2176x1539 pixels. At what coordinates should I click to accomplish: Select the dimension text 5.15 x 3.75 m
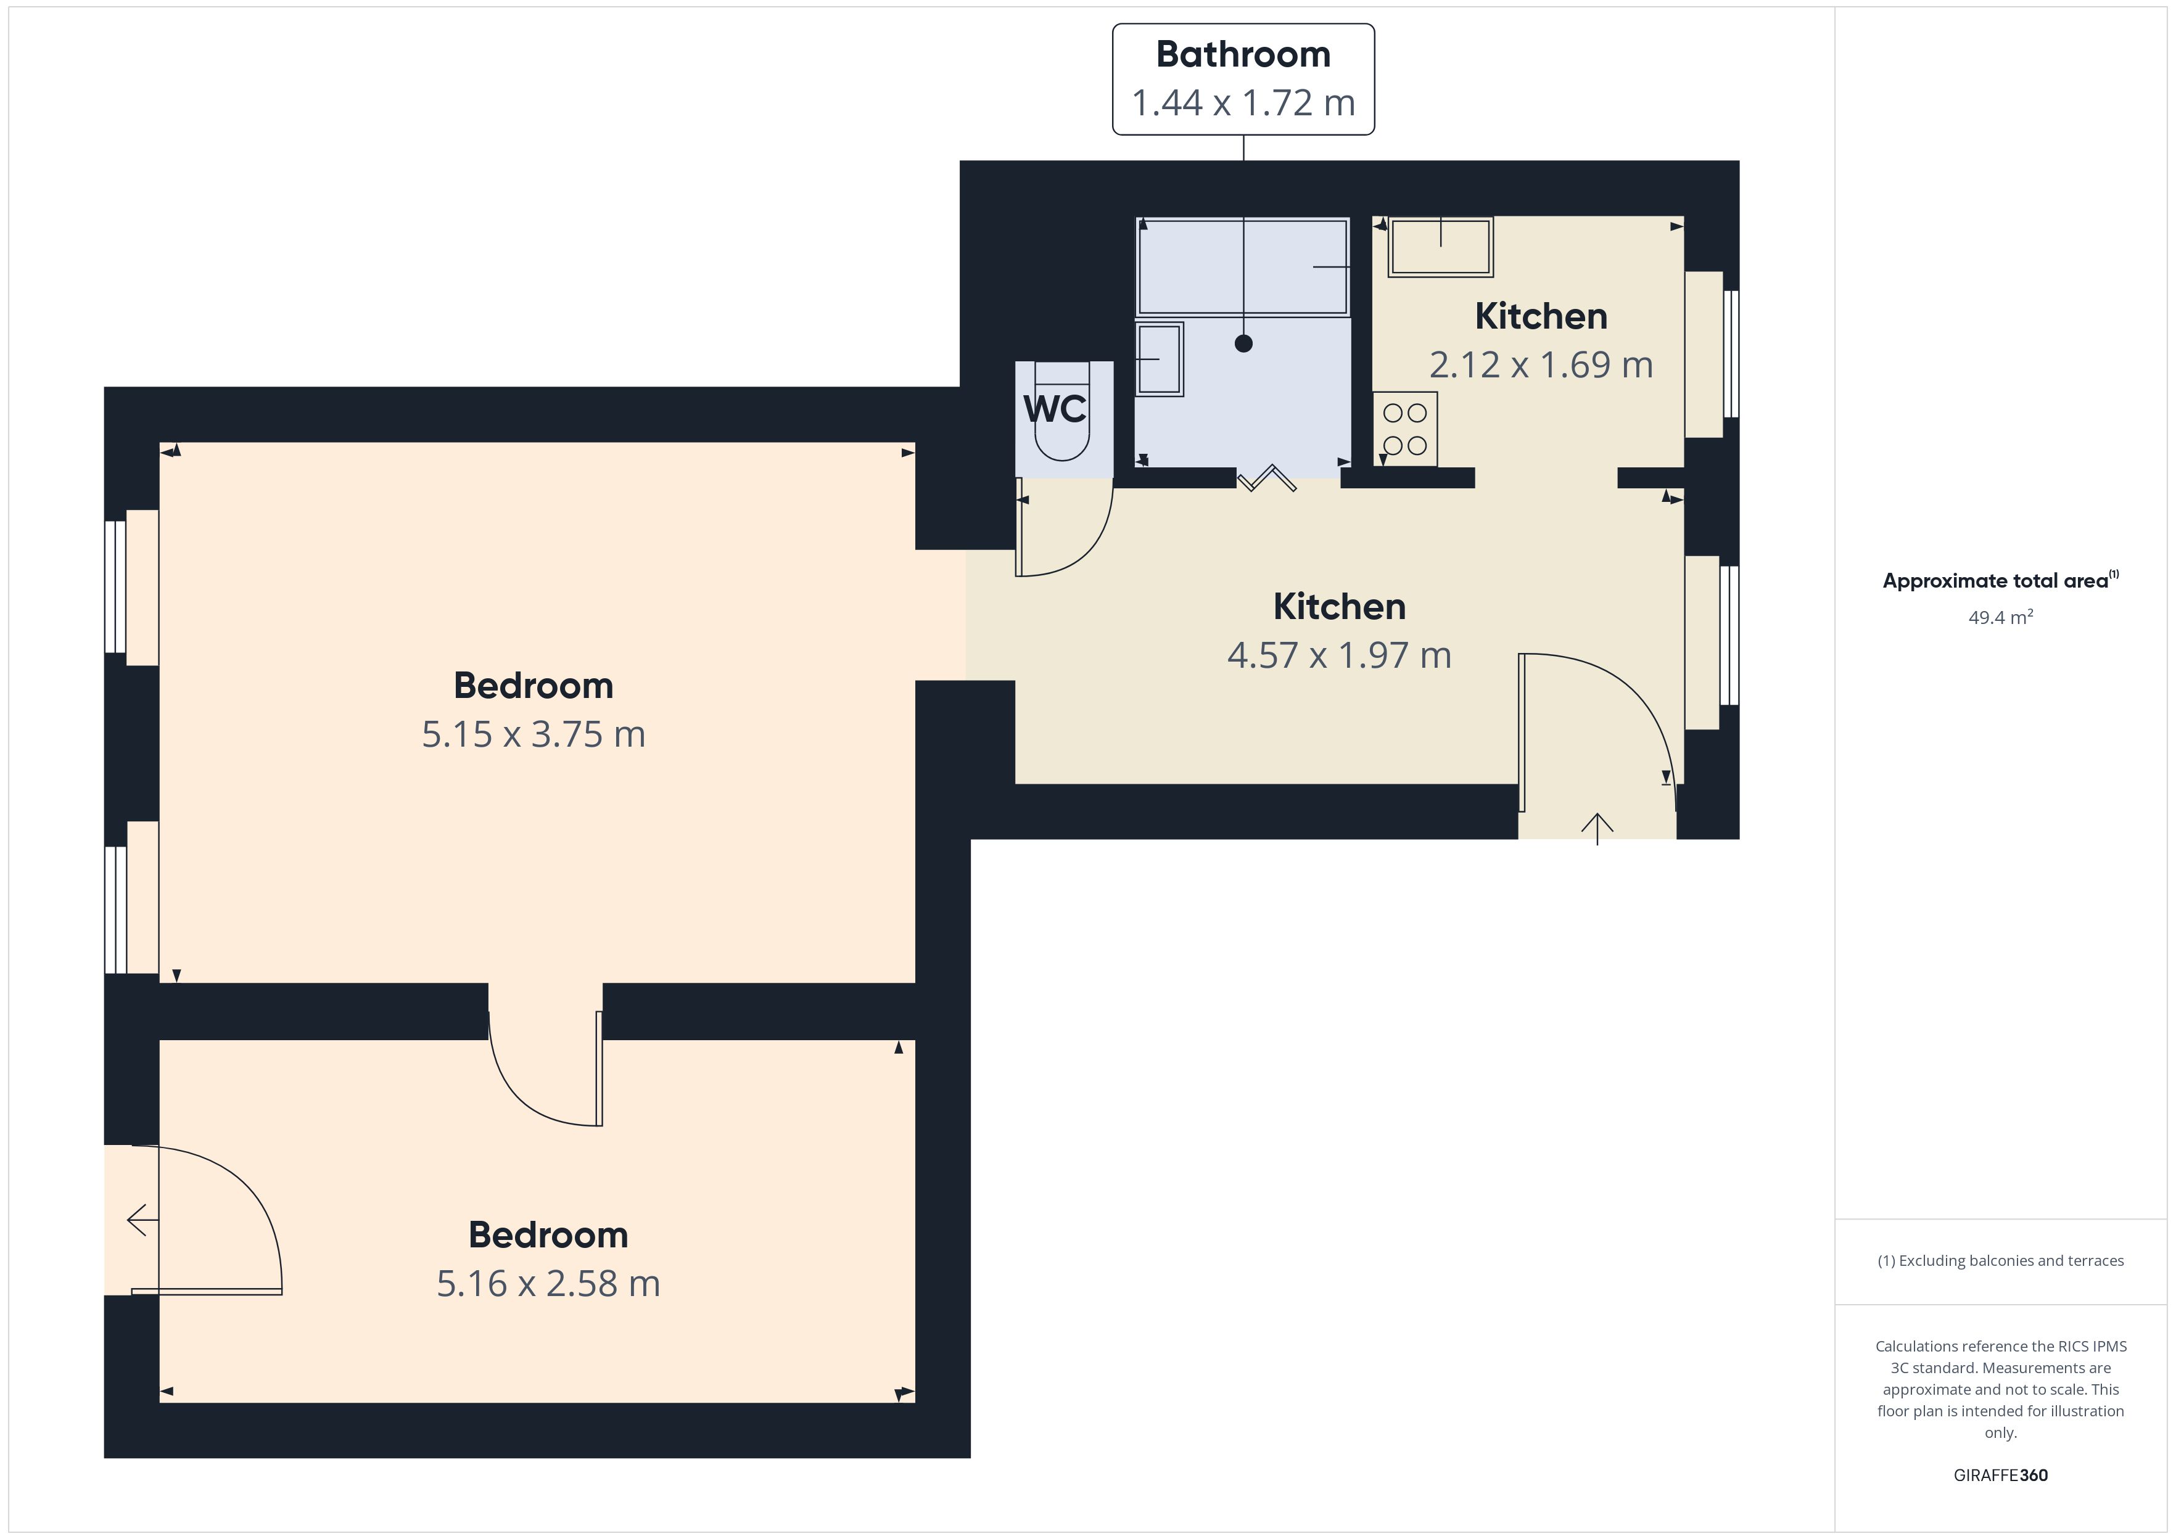coord(534,734)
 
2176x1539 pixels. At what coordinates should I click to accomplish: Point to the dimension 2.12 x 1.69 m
coord(1541,365)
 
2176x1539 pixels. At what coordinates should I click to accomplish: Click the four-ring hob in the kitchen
coord(1404,429)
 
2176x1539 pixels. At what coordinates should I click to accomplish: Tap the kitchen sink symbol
coord(1441,247)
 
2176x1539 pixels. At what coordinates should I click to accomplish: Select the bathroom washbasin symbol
coord(1159,359)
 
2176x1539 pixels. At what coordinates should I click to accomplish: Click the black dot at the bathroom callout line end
coord(1243,344)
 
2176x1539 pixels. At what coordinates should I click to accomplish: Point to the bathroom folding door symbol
coord(1267,478)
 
